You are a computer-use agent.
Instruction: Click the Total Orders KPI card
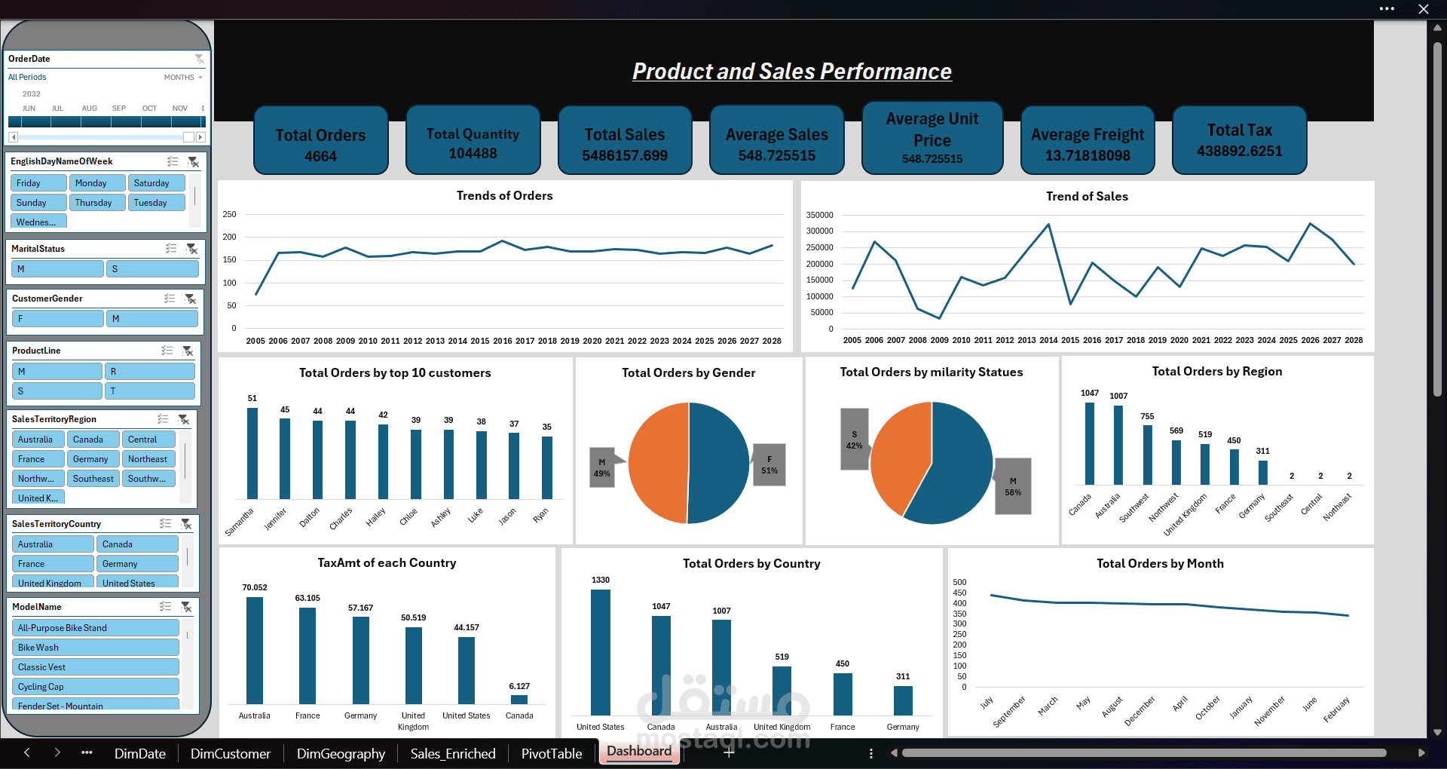[x=320, y=141]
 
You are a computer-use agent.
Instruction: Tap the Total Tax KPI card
[x=1239, y=140]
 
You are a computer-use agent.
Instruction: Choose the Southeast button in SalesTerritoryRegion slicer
[x=93, y=479]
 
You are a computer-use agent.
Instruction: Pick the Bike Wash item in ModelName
[x=95, y=648]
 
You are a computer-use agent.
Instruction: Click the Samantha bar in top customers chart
[x=252, y=453]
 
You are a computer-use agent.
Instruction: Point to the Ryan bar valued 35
[x=547, y=467]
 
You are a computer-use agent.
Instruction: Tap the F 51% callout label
[x=769, y=464]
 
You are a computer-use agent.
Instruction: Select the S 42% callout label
[x=854, y=440]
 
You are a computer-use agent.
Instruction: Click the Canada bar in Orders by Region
[x=1090, y=443]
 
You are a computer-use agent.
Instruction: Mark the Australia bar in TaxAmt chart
[x=255, y=650]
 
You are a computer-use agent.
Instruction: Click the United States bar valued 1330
[x=601, y=652]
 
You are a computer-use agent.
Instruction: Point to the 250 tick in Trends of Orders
[x=229, y=214]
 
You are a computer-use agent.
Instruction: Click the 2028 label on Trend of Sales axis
[x=1354, y=340]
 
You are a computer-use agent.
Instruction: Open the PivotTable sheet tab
[x=552, y=753]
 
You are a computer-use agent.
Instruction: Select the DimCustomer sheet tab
[x=231, y=753]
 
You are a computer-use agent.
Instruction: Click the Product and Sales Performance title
[x=791, y=72]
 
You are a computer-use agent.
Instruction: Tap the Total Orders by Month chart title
[x=1160, y=563]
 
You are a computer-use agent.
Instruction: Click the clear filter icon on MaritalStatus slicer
[x=192, y=249]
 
